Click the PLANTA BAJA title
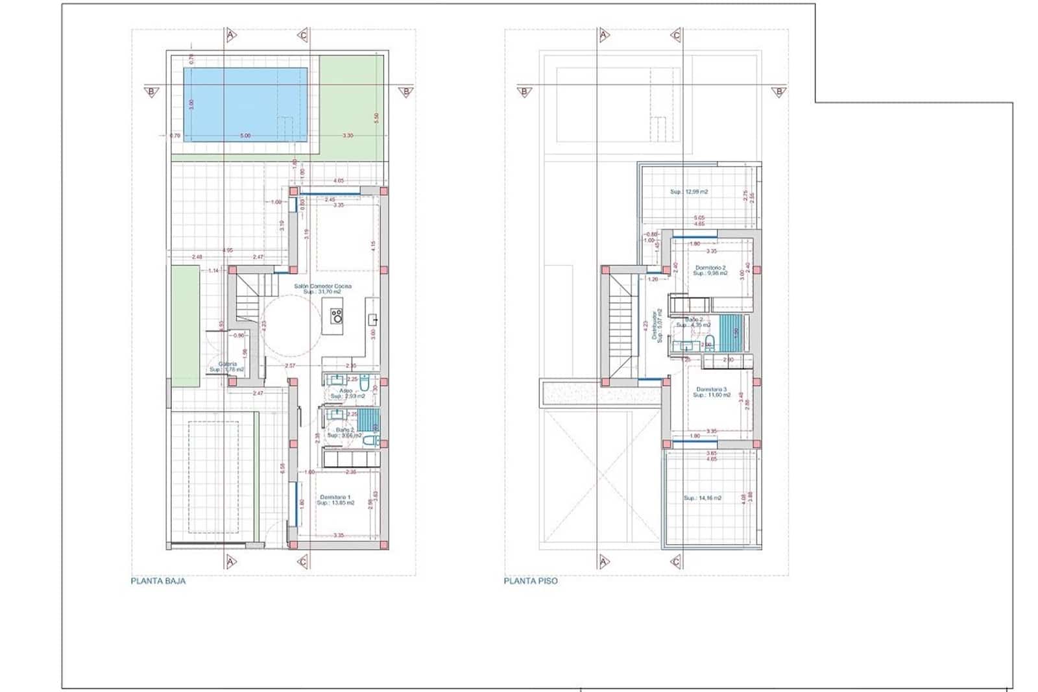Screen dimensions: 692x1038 point(158,581)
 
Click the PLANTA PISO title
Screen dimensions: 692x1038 point(530,581)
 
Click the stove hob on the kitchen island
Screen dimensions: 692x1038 point(337,316)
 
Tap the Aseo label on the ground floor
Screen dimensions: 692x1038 point(345,391)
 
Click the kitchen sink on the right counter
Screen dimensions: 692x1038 point(374,319)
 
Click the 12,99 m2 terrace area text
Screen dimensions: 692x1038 point(688,192)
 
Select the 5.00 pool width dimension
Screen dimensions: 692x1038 point(245,136)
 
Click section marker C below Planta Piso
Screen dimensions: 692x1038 point(676,562)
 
